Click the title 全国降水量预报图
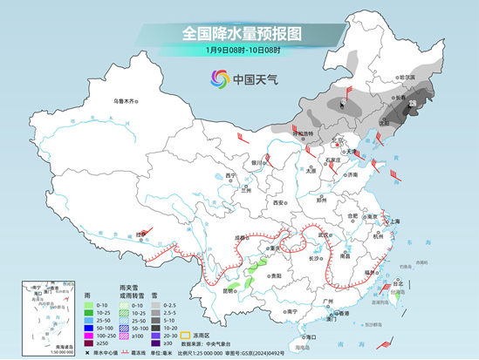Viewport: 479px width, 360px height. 241,33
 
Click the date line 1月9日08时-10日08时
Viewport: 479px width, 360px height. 241,50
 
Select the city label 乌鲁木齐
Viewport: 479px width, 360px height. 126,102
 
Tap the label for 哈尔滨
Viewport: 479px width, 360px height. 408,78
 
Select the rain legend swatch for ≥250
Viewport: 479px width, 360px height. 90,344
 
